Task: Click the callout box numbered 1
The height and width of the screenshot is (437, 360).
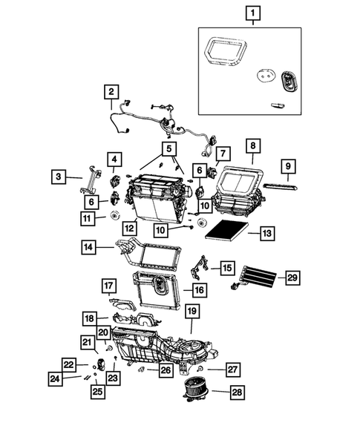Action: coord(253,13)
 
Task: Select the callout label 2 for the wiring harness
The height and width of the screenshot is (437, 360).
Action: coord(111,92)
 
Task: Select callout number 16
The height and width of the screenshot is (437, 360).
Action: coord(199,289)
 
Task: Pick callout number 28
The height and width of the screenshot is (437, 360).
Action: coord(236,392)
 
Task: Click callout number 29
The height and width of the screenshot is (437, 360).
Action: coord(292,277)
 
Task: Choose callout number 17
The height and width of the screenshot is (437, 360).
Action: coord(108,286)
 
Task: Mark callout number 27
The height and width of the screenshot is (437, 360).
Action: coord(232,369)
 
